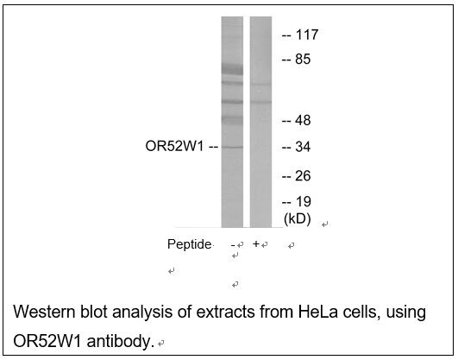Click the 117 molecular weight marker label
pyautogui.click(x=307, y=35)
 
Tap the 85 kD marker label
pyautogui.click(x=303, y=60)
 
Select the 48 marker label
pyautogui.click(x=303, y=121)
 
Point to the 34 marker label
pyautogui.click(x=303, y=147)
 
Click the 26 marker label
pyautogui.click(x=303, y=176)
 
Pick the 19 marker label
pyautogui.click(x=304, y=202)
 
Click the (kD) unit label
pyautogui.click(x=298, y=219)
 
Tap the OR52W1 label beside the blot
pyautogui.click(x=174, y=146)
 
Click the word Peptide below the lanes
pyautogui.click(x=189, y=244)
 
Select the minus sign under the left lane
pyautogui.click(x=233, y=245)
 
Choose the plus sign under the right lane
pyautogui.click(x=256, y=243)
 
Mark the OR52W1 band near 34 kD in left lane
pyautogui.click(x=232, y=147)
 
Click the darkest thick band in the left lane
pyautogui.click(x=232, y=70)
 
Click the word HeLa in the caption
pyautogui.click(x=317, y=312)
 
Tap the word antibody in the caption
pyautogui.click(x=121, y=341)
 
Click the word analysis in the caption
pyautogui.click(x=142, y=313)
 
